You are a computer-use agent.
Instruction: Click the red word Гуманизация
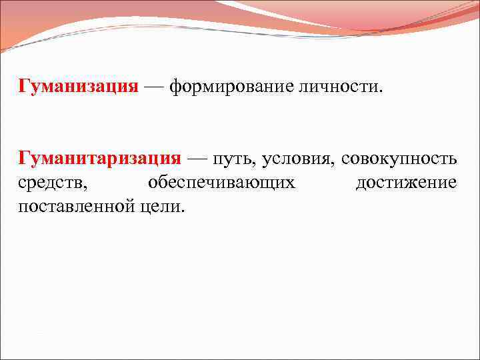79,87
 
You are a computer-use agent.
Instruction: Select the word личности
343,87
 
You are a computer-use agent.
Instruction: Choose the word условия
297,160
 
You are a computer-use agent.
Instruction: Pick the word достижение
406,183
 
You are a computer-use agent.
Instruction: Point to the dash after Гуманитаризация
197,159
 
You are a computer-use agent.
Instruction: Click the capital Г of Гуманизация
25,87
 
